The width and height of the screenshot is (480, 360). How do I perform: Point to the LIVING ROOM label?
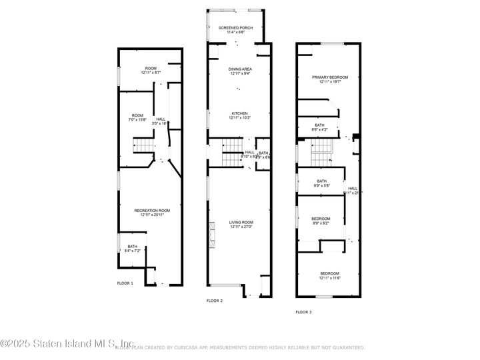coord(240,225)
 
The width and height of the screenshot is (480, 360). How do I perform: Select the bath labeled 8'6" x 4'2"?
coord(320,127)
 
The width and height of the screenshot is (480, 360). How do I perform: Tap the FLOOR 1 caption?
coord(125,283)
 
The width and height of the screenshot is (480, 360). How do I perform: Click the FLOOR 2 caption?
coord(214,301)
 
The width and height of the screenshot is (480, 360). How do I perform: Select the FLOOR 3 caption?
coord(303,312)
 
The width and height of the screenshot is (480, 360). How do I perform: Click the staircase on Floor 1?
coord(143,145)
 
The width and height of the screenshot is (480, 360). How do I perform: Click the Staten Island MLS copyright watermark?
coord(58,344)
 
